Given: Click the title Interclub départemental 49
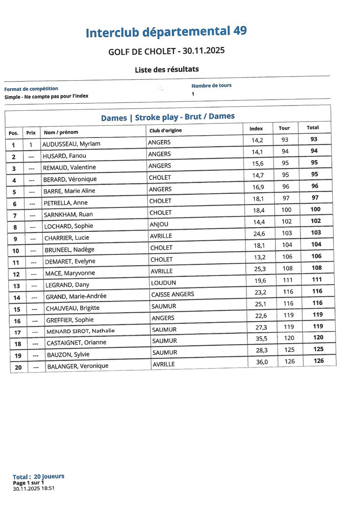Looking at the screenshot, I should pos(166,32).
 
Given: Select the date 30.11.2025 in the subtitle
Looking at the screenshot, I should pos(204,50).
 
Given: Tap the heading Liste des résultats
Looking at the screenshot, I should pos(167,69).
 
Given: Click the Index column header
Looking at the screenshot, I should pos(256,128).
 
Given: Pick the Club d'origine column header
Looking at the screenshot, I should pos(165,131).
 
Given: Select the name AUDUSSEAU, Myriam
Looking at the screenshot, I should pos(71,144).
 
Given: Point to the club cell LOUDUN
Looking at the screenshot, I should pos(163,283).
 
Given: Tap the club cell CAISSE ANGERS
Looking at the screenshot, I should pos(172,294).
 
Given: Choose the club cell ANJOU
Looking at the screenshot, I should pos(159,224).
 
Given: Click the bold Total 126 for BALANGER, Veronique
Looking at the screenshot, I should pos(319,361).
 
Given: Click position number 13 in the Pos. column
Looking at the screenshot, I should pos(16,286).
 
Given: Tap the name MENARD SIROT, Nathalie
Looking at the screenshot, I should pos(80,331).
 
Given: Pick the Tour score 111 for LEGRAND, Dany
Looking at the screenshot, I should pos(288,280).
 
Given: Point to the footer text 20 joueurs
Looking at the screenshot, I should pos(49,476).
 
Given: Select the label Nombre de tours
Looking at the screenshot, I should pos(211,85).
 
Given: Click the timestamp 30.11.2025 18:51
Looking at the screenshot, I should pos(34,488).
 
